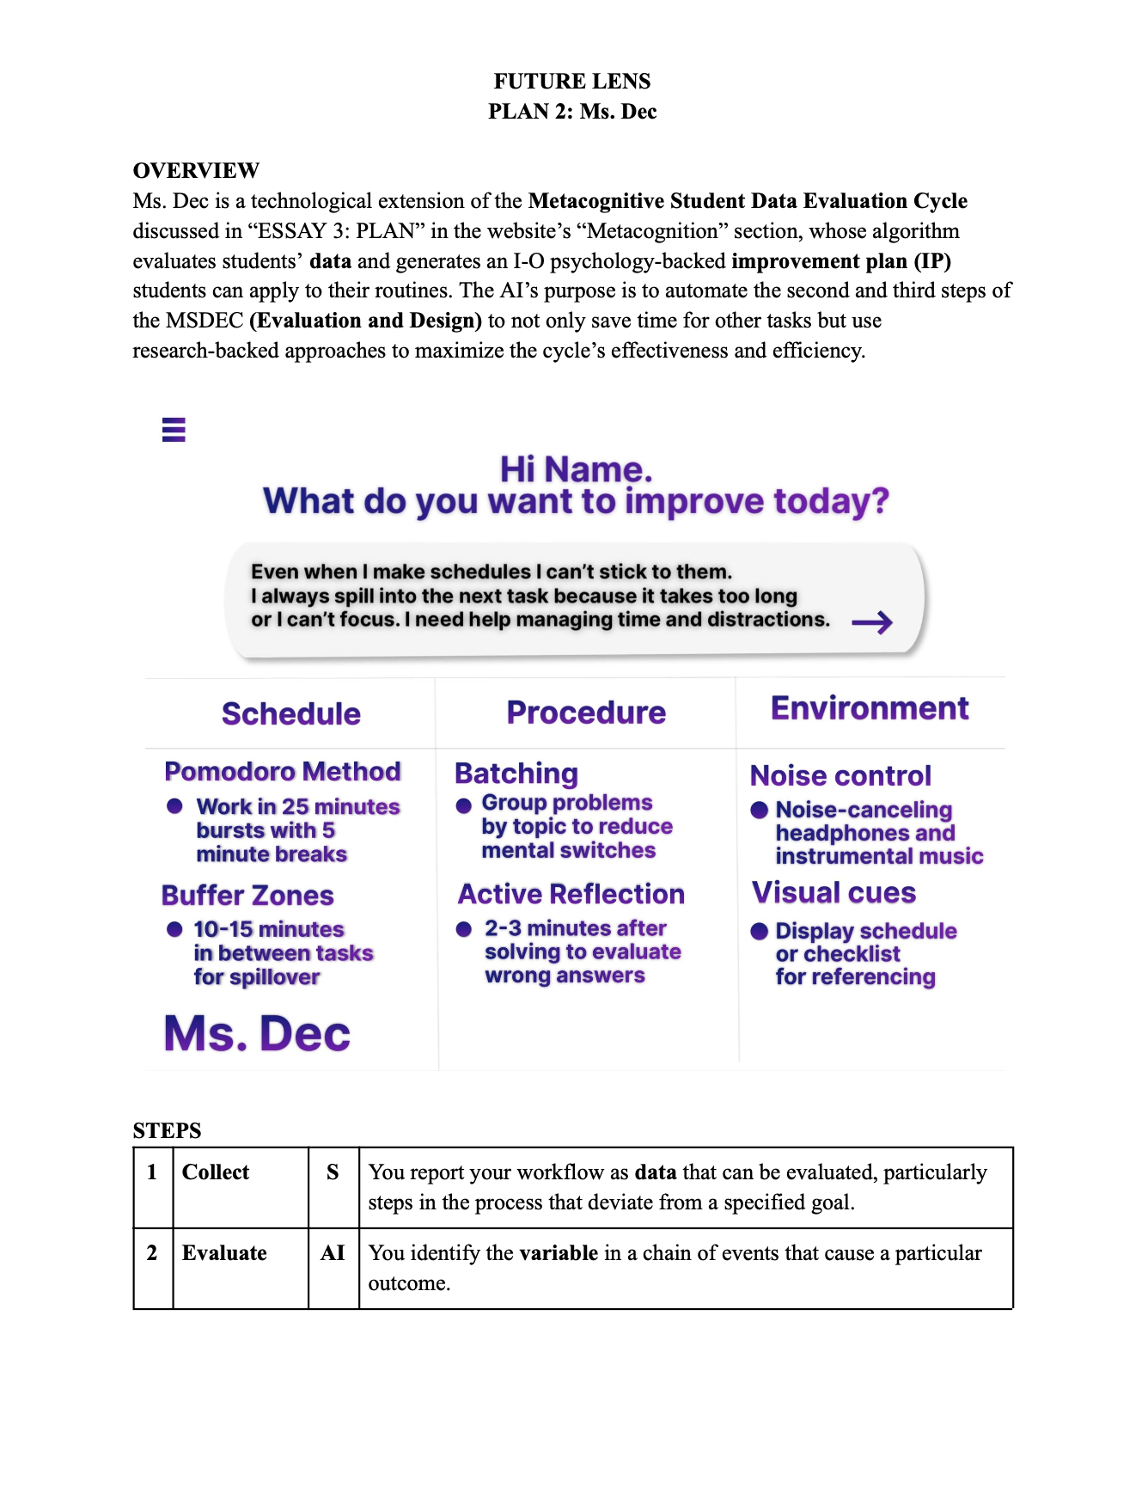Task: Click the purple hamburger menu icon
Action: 174,429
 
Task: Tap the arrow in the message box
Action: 872,622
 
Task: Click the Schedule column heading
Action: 291,714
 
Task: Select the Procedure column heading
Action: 586,713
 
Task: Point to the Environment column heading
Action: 870,708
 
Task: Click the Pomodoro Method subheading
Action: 283,771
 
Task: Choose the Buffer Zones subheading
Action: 247,896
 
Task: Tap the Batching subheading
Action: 516,774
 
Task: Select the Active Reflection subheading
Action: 571,894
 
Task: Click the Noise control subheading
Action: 840,775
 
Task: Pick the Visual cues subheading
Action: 834,892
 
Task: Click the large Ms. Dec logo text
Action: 257,1033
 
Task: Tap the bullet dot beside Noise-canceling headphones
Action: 759,810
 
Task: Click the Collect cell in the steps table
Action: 216,1172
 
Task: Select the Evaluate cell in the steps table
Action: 224,1253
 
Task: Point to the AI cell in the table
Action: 333,1253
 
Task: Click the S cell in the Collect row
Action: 333,1172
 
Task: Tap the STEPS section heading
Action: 168,1130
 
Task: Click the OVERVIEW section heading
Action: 196,170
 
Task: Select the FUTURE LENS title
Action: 572,81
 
